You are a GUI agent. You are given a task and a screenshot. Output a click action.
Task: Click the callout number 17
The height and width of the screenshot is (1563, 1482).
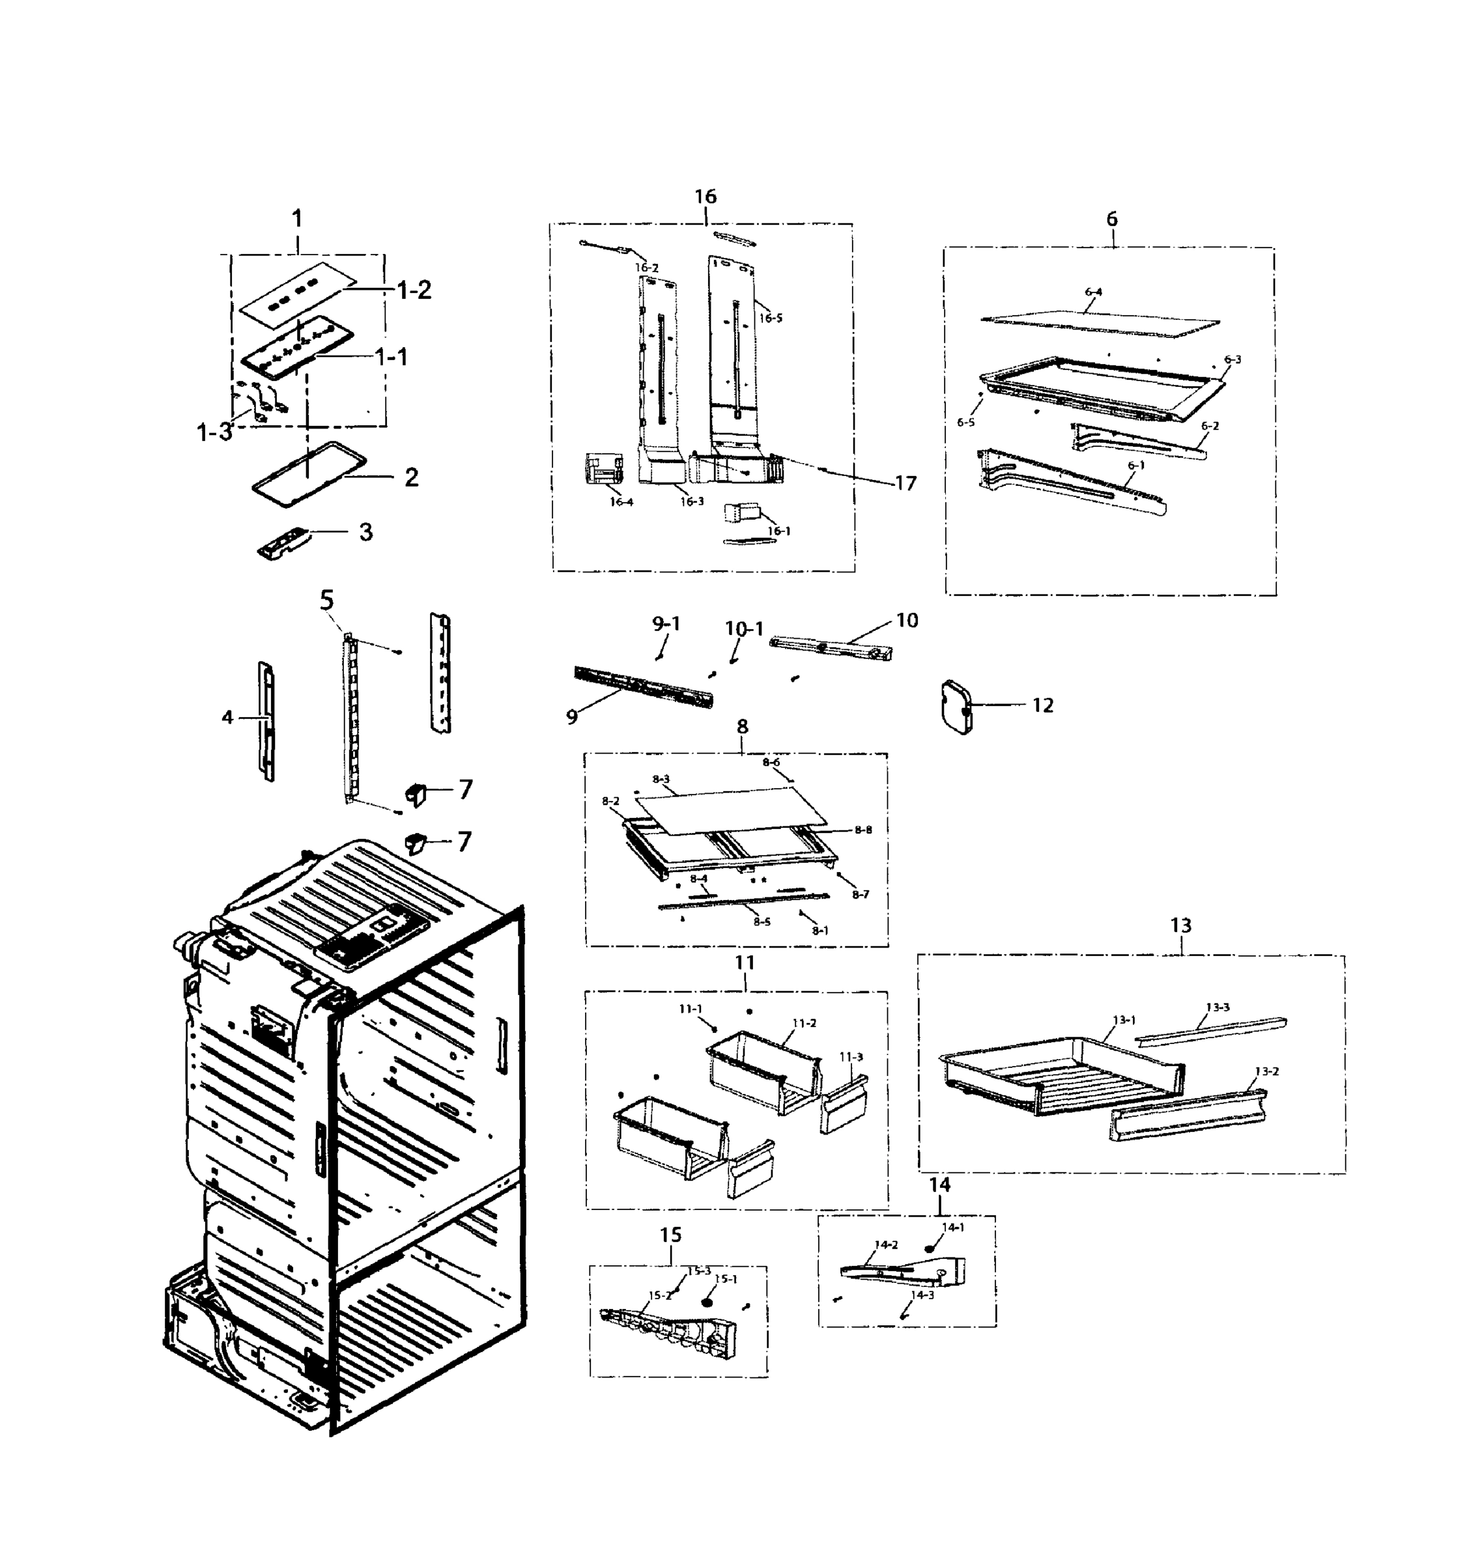905,483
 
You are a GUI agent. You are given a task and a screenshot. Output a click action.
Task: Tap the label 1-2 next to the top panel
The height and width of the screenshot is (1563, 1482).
413,290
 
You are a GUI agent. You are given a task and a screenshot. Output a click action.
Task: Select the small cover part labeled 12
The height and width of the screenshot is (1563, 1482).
957,708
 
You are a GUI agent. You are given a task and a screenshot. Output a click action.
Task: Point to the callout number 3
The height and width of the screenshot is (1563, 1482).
365,531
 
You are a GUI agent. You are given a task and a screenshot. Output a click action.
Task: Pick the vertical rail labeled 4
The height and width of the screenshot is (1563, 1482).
267,720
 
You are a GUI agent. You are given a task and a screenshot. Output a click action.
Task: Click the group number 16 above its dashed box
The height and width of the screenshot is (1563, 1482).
705,196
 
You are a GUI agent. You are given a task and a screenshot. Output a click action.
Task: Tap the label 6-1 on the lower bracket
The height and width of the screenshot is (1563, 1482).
1135,465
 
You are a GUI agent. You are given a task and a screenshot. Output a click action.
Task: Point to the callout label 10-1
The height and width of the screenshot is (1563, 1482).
744,628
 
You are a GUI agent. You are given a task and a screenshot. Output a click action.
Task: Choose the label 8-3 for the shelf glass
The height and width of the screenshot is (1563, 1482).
661,779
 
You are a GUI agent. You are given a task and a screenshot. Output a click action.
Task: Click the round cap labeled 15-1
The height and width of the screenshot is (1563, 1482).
707,1299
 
